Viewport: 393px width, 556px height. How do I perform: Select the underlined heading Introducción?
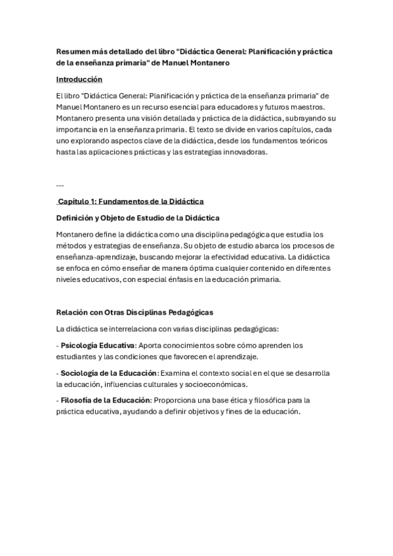79,79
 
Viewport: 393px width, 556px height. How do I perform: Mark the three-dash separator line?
60,185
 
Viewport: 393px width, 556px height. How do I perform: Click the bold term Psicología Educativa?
98,345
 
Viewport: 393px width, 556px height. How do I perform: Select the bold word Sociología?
80,373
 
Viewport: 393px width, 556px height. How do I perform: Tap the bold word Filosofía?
77,400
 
